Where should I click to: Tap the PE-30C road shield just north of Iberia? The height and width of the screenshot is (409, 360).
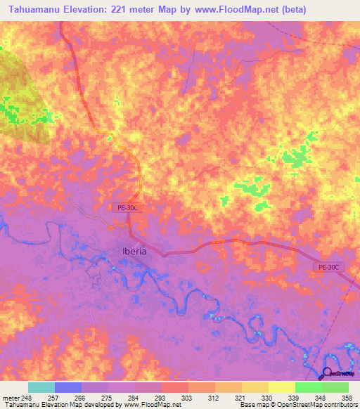[127, 208]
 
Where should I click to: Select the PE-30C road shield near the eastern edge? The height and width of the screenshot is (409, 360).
[328, 267]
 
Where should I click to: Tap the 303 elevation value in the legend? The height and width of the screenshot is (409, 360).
[188, 397]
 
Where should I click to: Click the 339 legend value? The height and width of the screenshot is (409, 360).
[295, 397]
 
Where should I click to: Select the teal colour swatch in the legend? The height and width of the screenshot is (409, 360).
[41, 387]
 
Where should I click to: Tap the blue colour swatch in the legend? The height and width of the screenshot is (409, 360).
[67, 387]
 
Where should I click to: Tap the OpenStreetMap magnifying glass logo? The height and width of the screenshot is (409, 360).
[327, 373]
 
